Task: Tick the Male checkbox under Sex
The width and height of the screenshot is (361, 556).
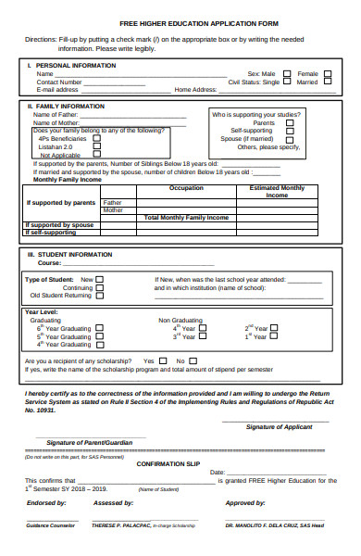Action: tap(287, 73)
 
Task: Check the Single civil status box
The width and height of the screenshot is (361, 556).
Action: tap(287, 82)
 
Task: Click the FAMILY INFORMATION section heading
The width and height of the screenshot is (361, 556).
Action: tap(69, 107)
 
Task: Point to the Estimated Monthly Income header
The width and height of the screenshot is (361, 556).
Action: tap(277, 192)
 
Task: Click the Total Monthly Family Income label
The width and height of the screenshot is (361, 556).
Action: tap(186, 217)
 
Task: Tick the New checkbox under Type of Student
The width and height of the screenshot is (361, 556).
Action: tap(100, 279)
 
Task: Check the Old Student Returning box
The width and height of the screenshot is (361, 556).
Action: tap(100, 296)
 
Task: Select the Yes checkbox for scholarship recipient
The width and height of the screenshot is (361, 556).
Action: tap(166, 360)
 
